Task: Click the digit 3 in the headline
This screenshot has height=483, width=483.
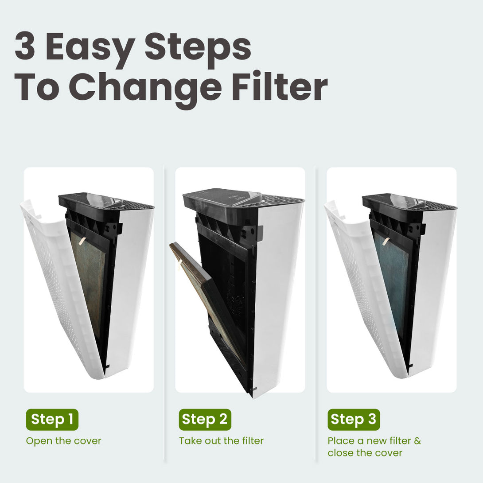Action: tap(25, 47)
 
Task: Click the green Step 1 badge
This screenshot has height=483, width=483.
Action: tap(52, 419)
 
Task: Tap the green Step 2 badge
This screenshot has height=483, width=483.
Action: tap(205, 419)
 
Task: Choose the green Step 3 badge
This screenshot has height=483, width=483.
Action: tap(354, 419)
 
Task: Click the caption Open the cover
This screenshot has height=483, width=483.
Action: tap(63, 441)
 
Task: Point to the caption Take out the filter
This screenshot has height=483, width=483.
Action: tap(221, 441)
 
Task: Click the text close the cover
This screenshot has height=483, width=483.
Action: tap(365, 453)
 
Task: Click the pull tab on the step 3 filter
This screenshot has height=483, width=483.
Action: tap(385, 241)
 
